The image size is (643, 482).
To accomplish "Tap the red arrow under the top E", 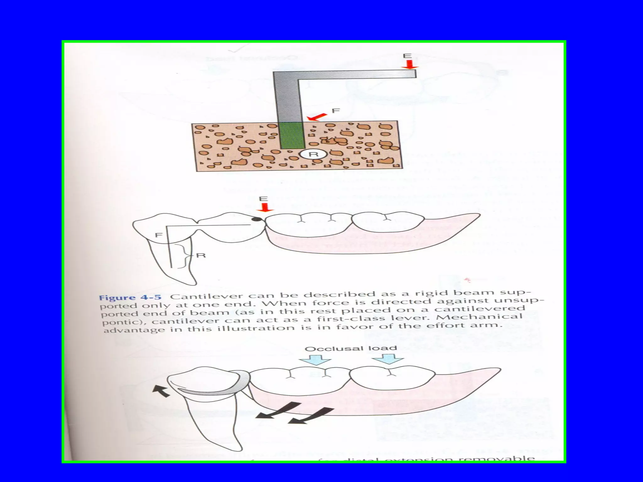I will click(x=409, y=65).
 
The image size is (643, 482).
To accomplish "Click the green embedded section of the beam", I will click(x=292, y=136).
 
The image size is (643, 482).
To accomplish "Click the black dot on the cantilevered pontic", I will click(x=257, y=219).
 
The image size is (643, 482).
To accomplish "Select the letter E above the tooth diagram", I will click(x=263, y=199).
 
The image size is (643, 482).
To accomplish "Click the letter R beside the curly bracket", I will click(x=201, y=255).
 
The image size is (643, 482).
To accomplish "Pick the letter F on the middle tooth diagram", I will click(x=159, y=235).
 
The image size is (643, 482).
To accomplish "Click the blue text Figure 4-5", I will click(x=130, y=297).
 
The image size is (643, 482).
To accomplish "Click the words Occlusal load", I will click(x=351, y=348).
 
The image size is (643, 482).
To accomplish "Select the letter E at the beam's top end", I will click(x=407, y=56).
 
